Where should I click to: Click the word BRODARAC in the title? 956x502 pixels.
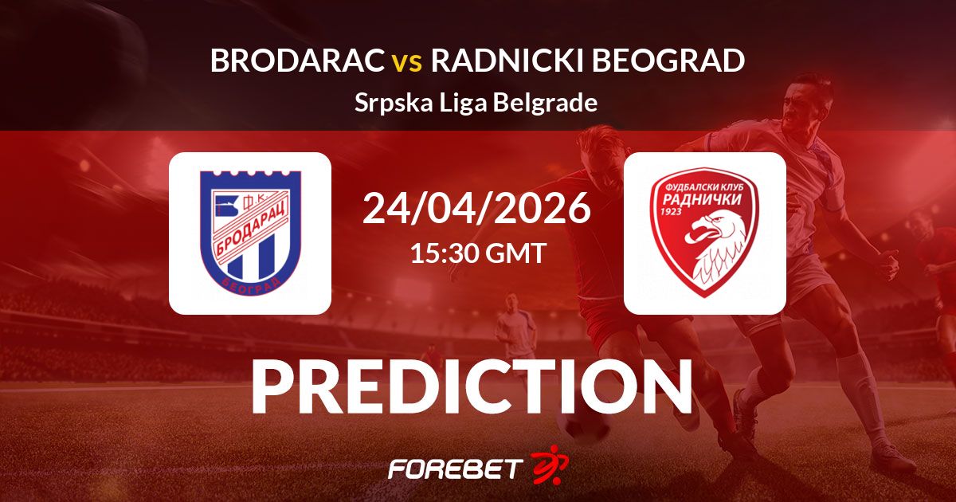point(297,61)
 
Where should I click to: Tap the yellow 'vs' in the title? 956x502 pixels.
point(407,63)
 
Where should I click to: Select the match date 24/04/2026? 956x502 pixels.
point(476,208)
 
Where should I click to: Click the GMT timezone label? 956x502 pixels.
point(516,253)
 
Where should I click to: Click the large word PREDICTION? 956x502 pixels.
point(472,386)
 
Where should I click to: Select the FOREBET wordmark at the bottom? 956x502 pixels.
point(456,469)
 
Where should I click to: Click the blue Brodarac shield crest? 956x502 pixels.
point(250,232)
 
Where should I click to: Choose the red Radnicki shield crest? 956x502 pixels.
point(704,233)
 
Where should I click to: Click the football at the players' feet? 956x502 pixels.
point(584,425)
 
